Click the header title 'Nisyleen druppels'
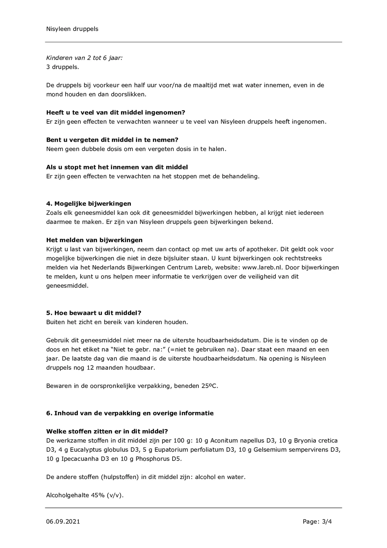[x=72, y=29]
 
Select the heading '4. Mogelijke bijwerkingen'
[x=89, y=204]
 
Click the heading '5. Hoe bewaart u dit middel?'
[x=94, y=313]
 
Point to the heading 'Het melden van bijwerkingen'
[x=94, y=240]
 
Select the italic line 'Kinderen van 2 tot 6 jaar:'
[x=84, y=58]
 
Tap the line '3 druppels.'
[x=62, y=67]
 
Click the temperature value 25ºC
[x=210, y=386]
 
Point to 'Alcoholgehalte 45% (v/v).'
[x=85, y=495]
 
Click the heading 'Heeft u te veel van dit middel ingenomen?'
[x=116, y=113]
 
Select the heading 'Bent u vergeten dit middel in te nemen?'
[x=112, y=140]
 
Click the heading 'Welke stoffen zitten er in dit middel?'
[x=107, y=432]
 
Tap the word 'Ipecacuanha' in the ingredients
[x=80, y=459]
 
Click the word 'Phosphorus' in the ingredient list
[x=152, y=459]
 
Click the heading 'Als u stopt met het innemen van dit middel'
[x=117, y=167]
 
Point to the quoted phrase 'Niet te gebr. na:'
[x=139, y=349]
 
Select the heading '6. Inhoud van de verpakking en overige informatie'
[x=130, y=413]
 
